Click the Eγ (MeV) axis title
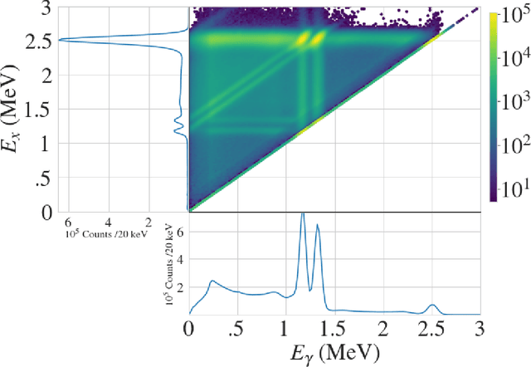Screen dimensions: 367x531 (x=335, y=352)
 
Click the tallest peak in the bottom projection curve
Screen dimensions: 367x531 (x=303, y=214)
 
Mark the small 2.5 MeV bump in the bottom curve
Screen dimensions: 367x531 (x=431, y=305)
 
